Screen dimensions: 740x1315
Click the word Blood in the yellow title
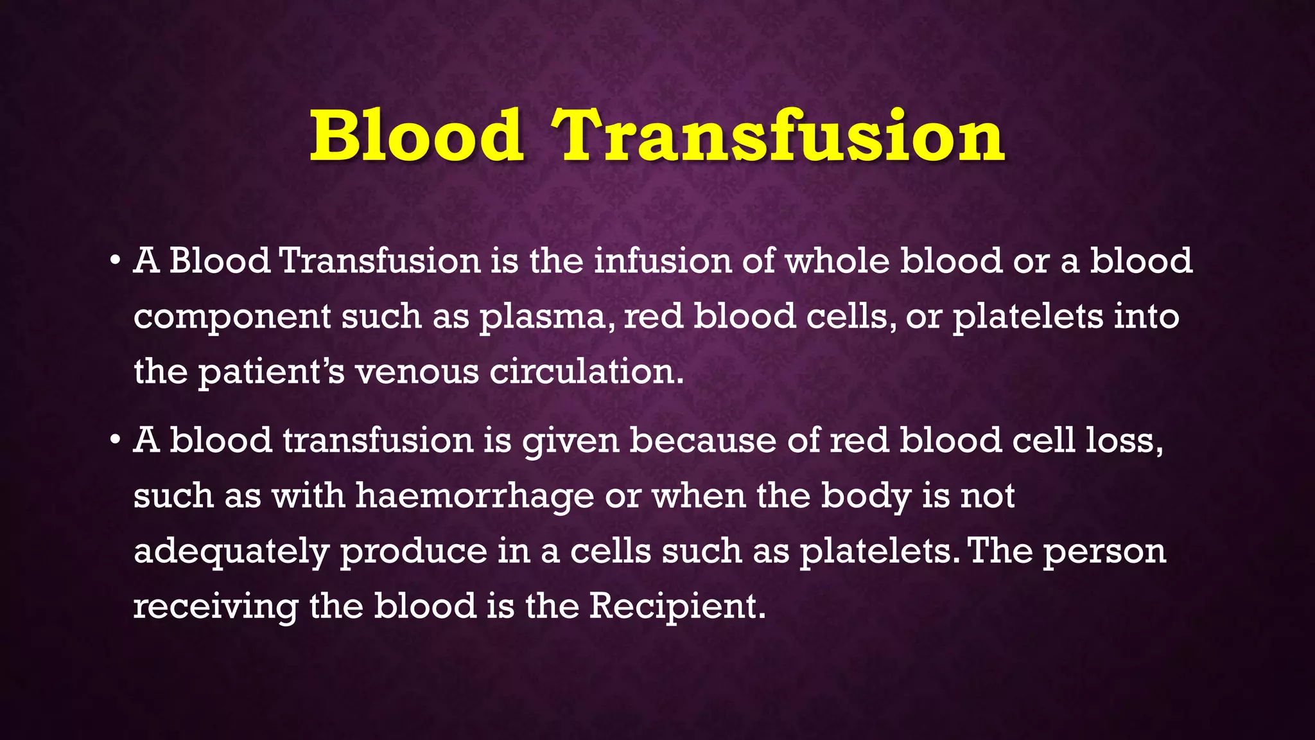(416, 136)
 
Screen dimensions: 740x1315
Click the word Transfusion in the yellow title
(779, 136)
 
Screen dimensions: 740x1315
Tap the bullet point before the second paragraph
(115, 441)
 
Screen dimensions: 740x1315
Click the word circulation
(586, 373)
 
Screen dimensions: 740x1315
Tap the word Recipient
(677, 606)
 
